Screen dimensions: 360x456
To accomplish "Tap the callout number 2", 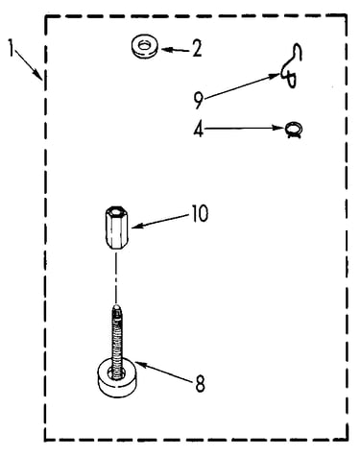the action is point(197,50).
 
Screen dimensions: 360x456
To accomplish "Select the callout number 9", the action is point(199,100).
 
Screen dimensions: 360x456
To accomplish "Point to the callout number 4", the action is point(199,130).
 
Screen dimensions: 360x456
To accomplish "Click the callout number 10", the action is point(200,213).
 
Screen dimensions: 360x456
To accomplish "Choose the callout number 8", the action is point(200,384).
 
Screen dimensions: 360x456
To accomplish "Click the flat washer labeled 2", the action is point(144,47).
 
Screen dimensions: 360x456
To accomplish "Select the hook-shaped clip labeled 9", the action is point(292,65).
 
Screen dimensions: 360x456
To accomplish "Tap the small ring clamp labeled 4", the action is point(294,131).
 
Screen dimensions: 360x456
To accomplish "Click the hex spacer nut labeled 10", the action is point(116,228).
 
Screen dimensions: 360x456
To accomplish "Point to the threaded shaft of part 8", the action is point(118,338).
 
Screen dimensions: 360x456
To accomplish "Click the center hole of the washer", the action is point(145,45).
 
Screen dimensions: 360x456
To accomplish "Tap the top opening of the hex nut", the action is point(116,211).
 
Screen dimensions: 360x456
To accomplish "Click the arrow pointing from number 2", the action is point(176,50).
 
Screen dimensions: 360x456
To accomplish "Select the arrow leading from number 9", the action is point(241,85).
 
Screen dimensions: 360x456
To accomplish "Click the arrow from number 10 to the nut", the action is point(160,221).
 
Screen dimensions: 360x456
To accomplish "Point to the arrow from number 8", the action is point(164,371).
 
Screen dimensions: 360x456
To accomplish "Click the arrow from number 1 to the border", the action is point(29,64).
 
